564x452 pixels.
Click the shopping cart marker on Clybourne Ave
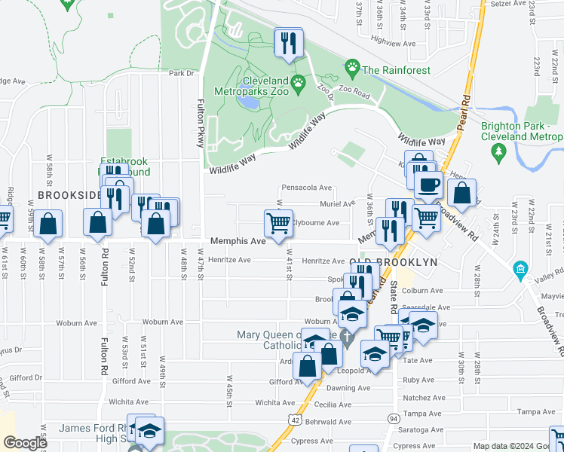coord(278,223)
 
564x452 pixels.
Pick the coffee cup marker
coord(428,185)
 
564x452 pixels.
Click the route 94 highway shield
coord(393,418)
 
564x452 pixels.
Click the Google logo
coord(24,443)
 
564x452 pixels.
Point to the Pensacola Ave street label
coord(306,188)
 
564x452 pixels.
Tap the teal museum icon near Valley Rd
coord(520,269)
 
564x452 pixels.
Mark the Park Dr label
coord(181,74)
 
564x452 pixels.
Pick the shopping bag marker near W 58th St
coord(48,224)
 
